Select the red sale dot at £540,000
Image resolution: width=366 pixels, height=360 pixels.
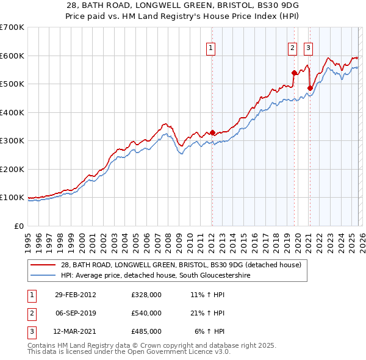[294, 73]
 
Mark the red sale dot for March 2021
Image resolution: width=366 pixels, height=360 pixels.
[310, 88]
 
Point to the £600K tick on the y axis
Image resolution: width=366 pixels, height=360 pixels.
[13, 56]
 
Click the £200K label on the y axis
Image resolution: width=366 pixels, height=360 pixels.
[13, 169]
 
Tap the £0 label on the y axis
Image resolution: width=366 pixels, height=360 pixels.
[18, 226]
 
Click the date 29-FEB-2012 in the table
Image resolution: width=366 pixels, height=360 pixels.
[75, 295]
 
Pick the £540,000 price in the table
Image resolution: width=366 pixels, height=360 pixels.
[146, 313]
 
